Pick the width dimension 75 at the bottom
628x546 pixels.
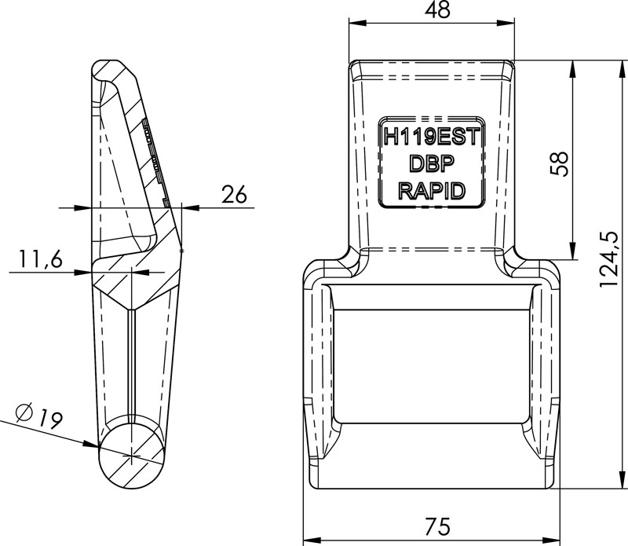click(x=432, y=526)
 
